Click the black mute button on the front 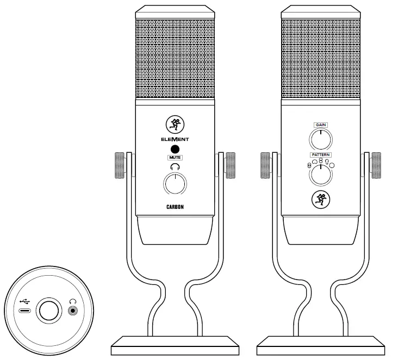coord(173,150)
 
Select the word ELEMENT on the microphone coord(173,139)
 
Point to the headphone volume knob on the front coord(173,185)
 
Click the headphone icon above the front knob coord(173,167)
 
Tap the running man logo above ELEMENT coord(173,125)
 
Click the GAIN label coord(320,125)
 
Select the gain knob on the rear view coord(320,140)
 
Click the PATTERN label coord(320,154)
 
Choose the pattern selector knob coord(320,175)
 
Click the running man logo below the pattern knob coord(320,200)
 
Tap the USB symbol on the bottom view coord(25,300)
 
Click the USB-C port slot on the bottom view coord(25,312)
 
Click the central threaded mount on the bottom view coord(48,312)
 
